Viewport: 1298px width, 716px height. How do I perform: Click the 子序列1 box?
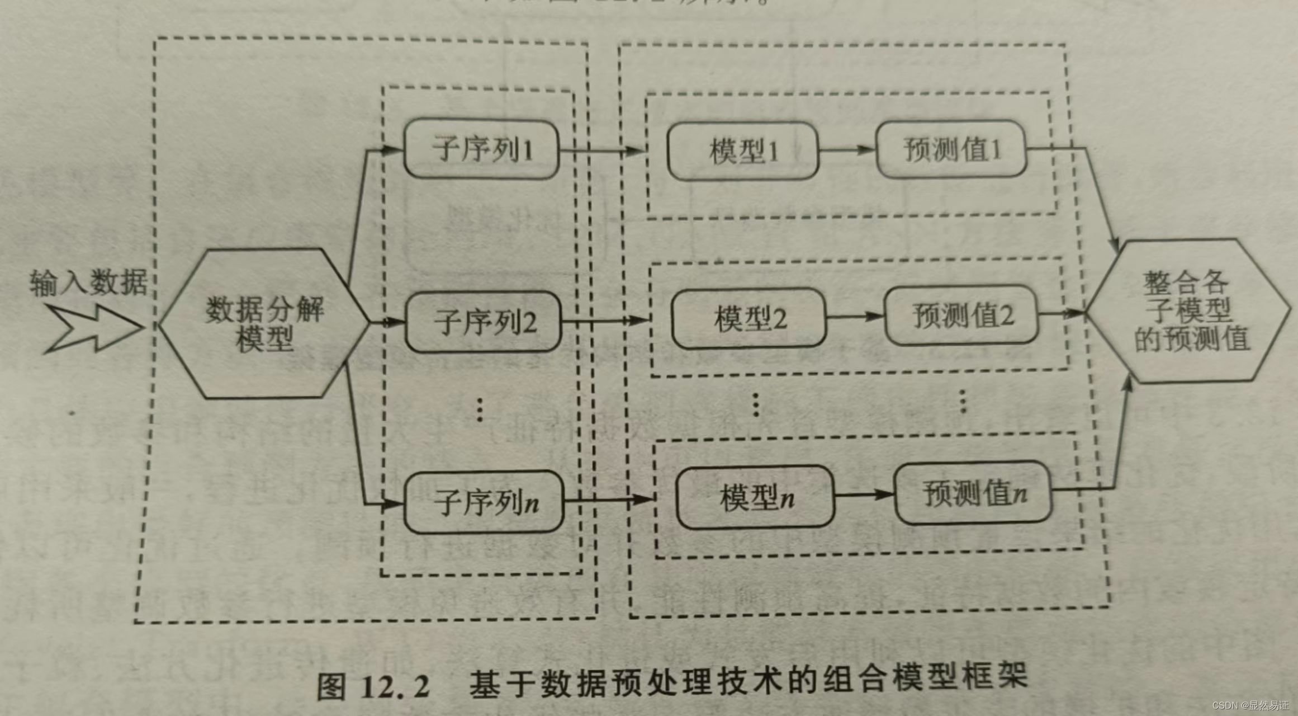click(x=481, y=149)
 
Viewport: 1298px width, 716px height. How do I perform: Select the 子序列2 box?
click(x=484, y=322)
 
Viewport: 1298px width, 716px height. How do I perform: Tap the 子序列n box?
click(x=484, y=501)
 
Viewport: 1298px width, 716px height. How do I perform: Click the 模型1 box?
click(x=743, y=151)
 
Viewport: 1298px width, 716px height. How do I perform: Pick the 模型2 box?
click(x=749, y=318)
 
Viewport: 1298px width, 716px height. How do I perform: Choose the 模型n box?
click(x=755, y=497)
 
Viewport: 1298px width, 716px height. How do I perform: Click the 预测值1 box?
click(x=951, y=149)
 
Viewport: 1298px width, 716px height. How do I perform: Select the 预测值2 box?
click(x=961, y=315)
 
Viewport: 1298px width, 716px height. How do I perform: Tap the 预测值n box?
click(x=973, y=493)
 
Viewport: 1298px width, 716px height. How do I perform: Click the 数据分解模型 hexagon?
click(x=264, y=323)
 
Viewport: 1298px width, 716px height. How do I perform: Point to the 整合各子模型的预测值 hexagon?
click(x=1188, y=311)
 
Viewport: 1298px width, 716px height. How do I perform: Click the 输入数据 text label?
click(x=88, y=282)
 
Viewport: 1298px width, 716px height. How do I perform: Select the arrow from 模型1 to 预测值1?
click(x=847, y=150)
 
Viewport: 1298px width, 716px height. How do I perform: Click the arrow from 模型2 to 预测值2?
click(x=855, y=317)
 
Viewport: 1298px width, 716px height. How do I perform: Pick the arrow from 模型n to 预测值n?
click(x=864, y=494)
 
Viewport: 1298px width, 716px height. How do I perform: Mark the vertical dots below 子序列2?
click(x=480, y=410)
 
